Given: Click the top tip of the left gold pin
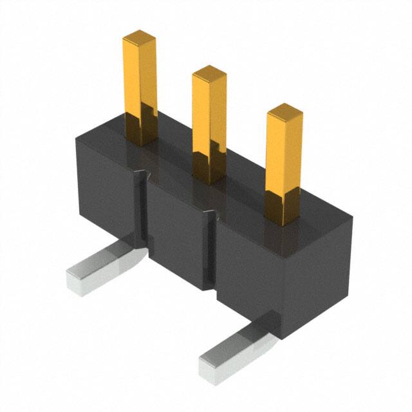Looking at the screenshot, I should tap(140, 34).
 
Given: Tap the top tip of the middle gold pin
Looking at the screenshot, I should tap(209, 71).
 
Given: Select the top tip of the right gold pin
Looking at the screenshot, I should tap(285, 110).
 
